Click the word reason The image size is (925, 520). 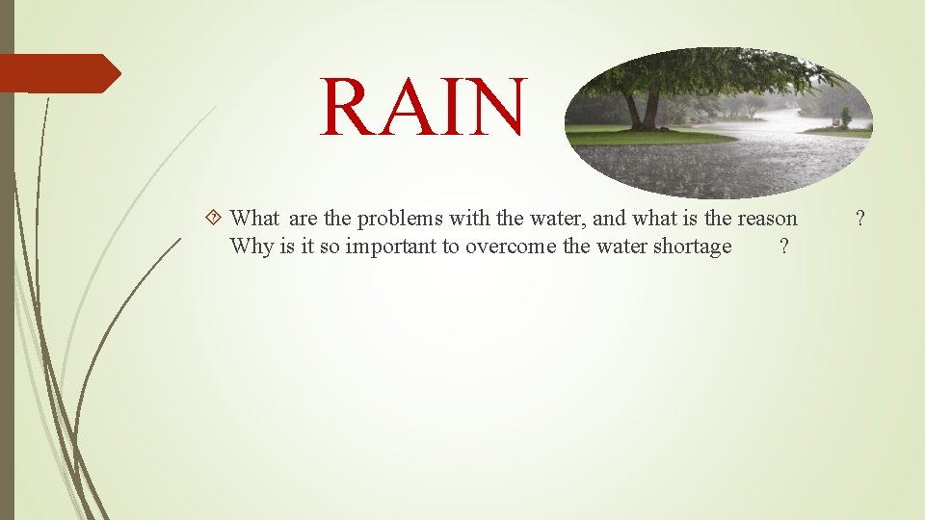(x=766, y=219)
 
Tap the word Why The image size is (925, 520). (x=251, y=247)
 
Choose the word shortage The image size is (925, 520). (x=692, y=247)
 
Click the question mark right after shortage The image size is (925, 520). (x=783, y=247)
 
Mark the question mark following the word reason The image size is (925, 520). (x=860, y=219)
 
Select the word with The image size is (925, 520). (x=472, y=219)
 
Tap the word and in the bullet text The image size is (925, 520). (x=613, y=219)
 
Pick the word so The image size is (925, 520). (x=329, y=247)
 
